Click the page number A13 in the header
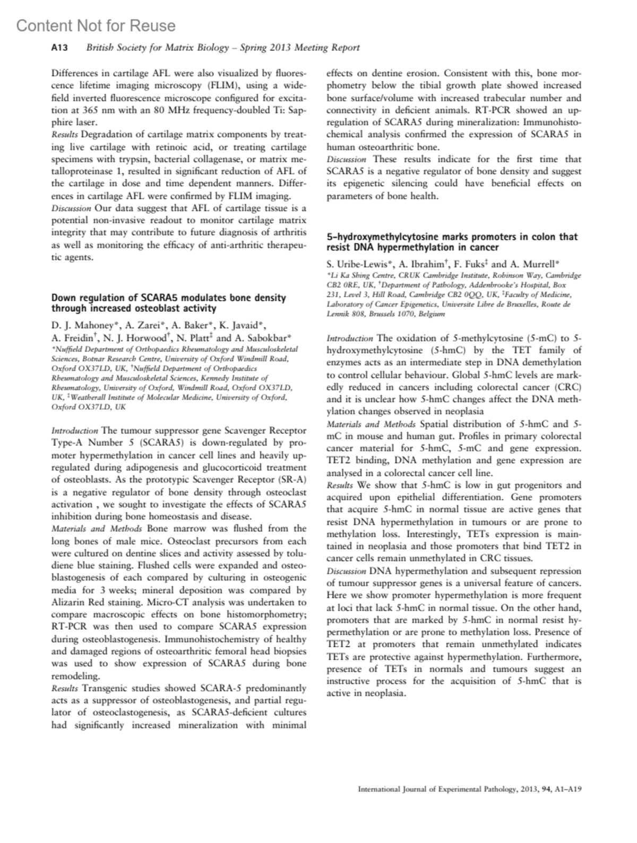(59, 48)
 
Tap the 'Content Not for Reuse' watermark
(96, 25)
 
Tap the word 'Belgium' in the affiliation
(431, 314)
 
